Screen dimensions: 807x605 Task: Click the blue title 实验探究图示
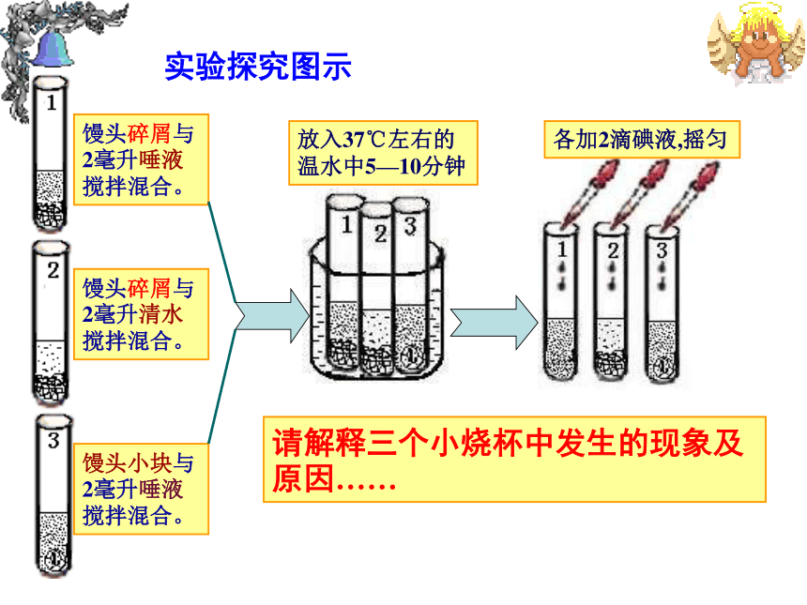[x=258, y=67]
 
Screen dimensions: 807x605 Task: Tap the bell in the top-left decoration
[x=52, y=50]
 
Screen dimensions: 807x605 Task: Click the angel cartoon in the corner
[x=756, y=43]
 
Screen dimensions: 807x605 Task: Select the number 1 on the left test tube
[x=51, y=102]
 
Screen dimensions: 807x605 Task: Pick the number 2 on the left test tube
[x=53, y=270]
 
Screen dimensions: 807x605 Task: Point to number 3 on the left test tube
[x=53, y=440]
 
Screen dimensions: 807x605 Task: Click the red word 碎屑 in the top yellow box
[x=149, y=134]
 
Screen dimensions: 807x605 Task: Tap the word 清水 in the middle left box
[x=160, y=314]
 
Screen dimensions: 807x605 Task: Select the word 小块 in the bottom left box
[x=149, y=463]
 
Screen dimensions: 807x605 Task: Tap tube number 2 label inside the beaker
[x=380, y=234]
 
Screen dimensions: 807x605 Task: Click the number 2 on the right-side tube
[x=613, y=250]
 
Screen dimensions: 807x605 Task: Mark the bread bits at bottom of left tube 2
[x=51, y=387]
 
